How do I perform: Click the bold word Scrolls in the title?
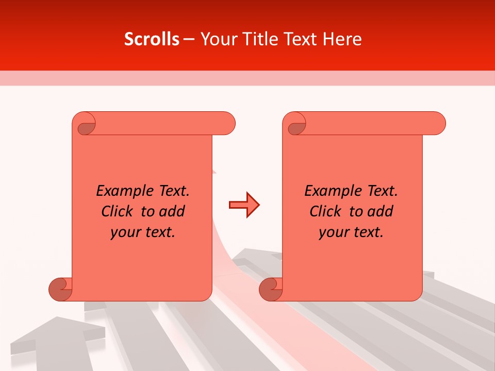click(152, 39)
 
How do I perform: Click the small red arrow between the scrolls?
click(244, 205)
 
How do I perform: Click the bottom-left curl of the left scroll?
click(60, 290)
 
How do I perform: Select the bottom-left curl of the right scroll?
click(271, 290)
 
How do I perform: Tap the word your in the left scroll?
click(125, 232)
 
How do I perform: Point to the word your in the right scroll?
click(333, 232)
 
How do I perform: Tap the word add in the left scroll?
click(171, 211)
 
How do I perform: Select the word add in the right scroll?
click(380, 211)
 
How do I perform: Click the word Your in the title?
click(216, 39)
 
